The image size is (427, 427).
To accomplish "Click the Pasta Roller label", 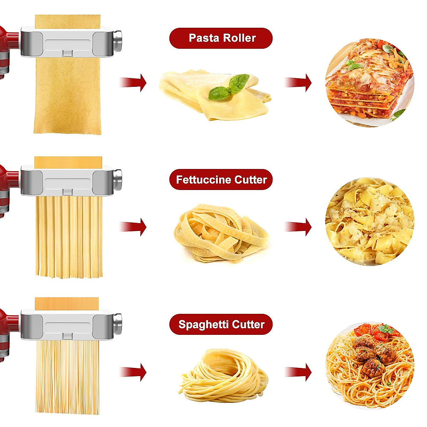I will coord(221,38).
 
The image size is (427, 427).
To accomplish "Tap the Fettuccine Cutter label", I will coord(221,179).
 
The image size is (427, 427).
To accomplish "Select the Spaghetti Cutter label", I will coord(221,324).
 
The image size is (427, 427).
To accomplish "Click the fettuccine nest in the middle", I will coord(222,233).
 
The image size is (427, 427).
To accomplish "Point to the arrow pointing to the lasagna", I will coord(299,83).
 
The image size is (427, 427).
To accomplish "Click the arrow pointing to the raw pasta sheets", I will coord(133,83).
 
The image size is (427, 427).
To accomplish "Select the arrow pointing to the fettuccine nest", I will coord(133,227).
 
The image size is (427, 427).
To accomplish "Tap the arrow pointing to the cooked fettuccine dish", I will coord(299,227).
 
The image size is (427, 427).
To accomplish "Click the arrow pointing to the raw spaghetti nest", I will coord(133,372).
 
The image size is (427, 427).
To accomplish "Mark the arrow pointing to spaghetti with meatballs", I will coord(299,372).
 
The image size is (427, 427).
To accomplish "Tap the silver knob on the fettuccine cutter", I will coord(118,175).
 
